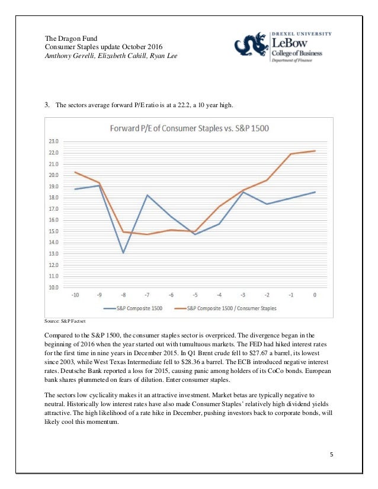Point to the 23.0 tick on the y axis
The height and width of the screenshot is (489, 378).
coord(53,141)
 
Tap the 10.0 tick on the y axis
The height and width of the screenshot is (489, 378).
coord(53,287)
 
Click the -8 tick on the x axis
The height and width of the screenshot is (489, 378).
coord(123,294)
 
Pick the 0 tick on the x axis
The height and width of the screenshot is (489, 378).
coord(314,294)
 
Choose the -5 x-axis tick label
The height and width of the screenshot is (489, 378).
coord(195,294)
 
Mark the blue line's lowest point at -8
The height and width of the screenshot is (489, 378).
coord(123,253)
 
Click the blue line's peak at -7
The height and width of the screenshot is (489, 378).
coord(147,195)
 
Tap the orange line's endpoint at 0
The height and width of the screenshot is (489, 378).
coord(314,151)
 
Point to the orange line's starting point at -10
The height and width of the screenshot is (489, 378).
coord(75,172)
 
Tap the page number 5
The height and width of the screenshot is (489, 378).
coord(332,454)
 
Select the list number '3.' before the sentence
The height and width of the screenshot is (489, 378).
coord(47,106)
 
